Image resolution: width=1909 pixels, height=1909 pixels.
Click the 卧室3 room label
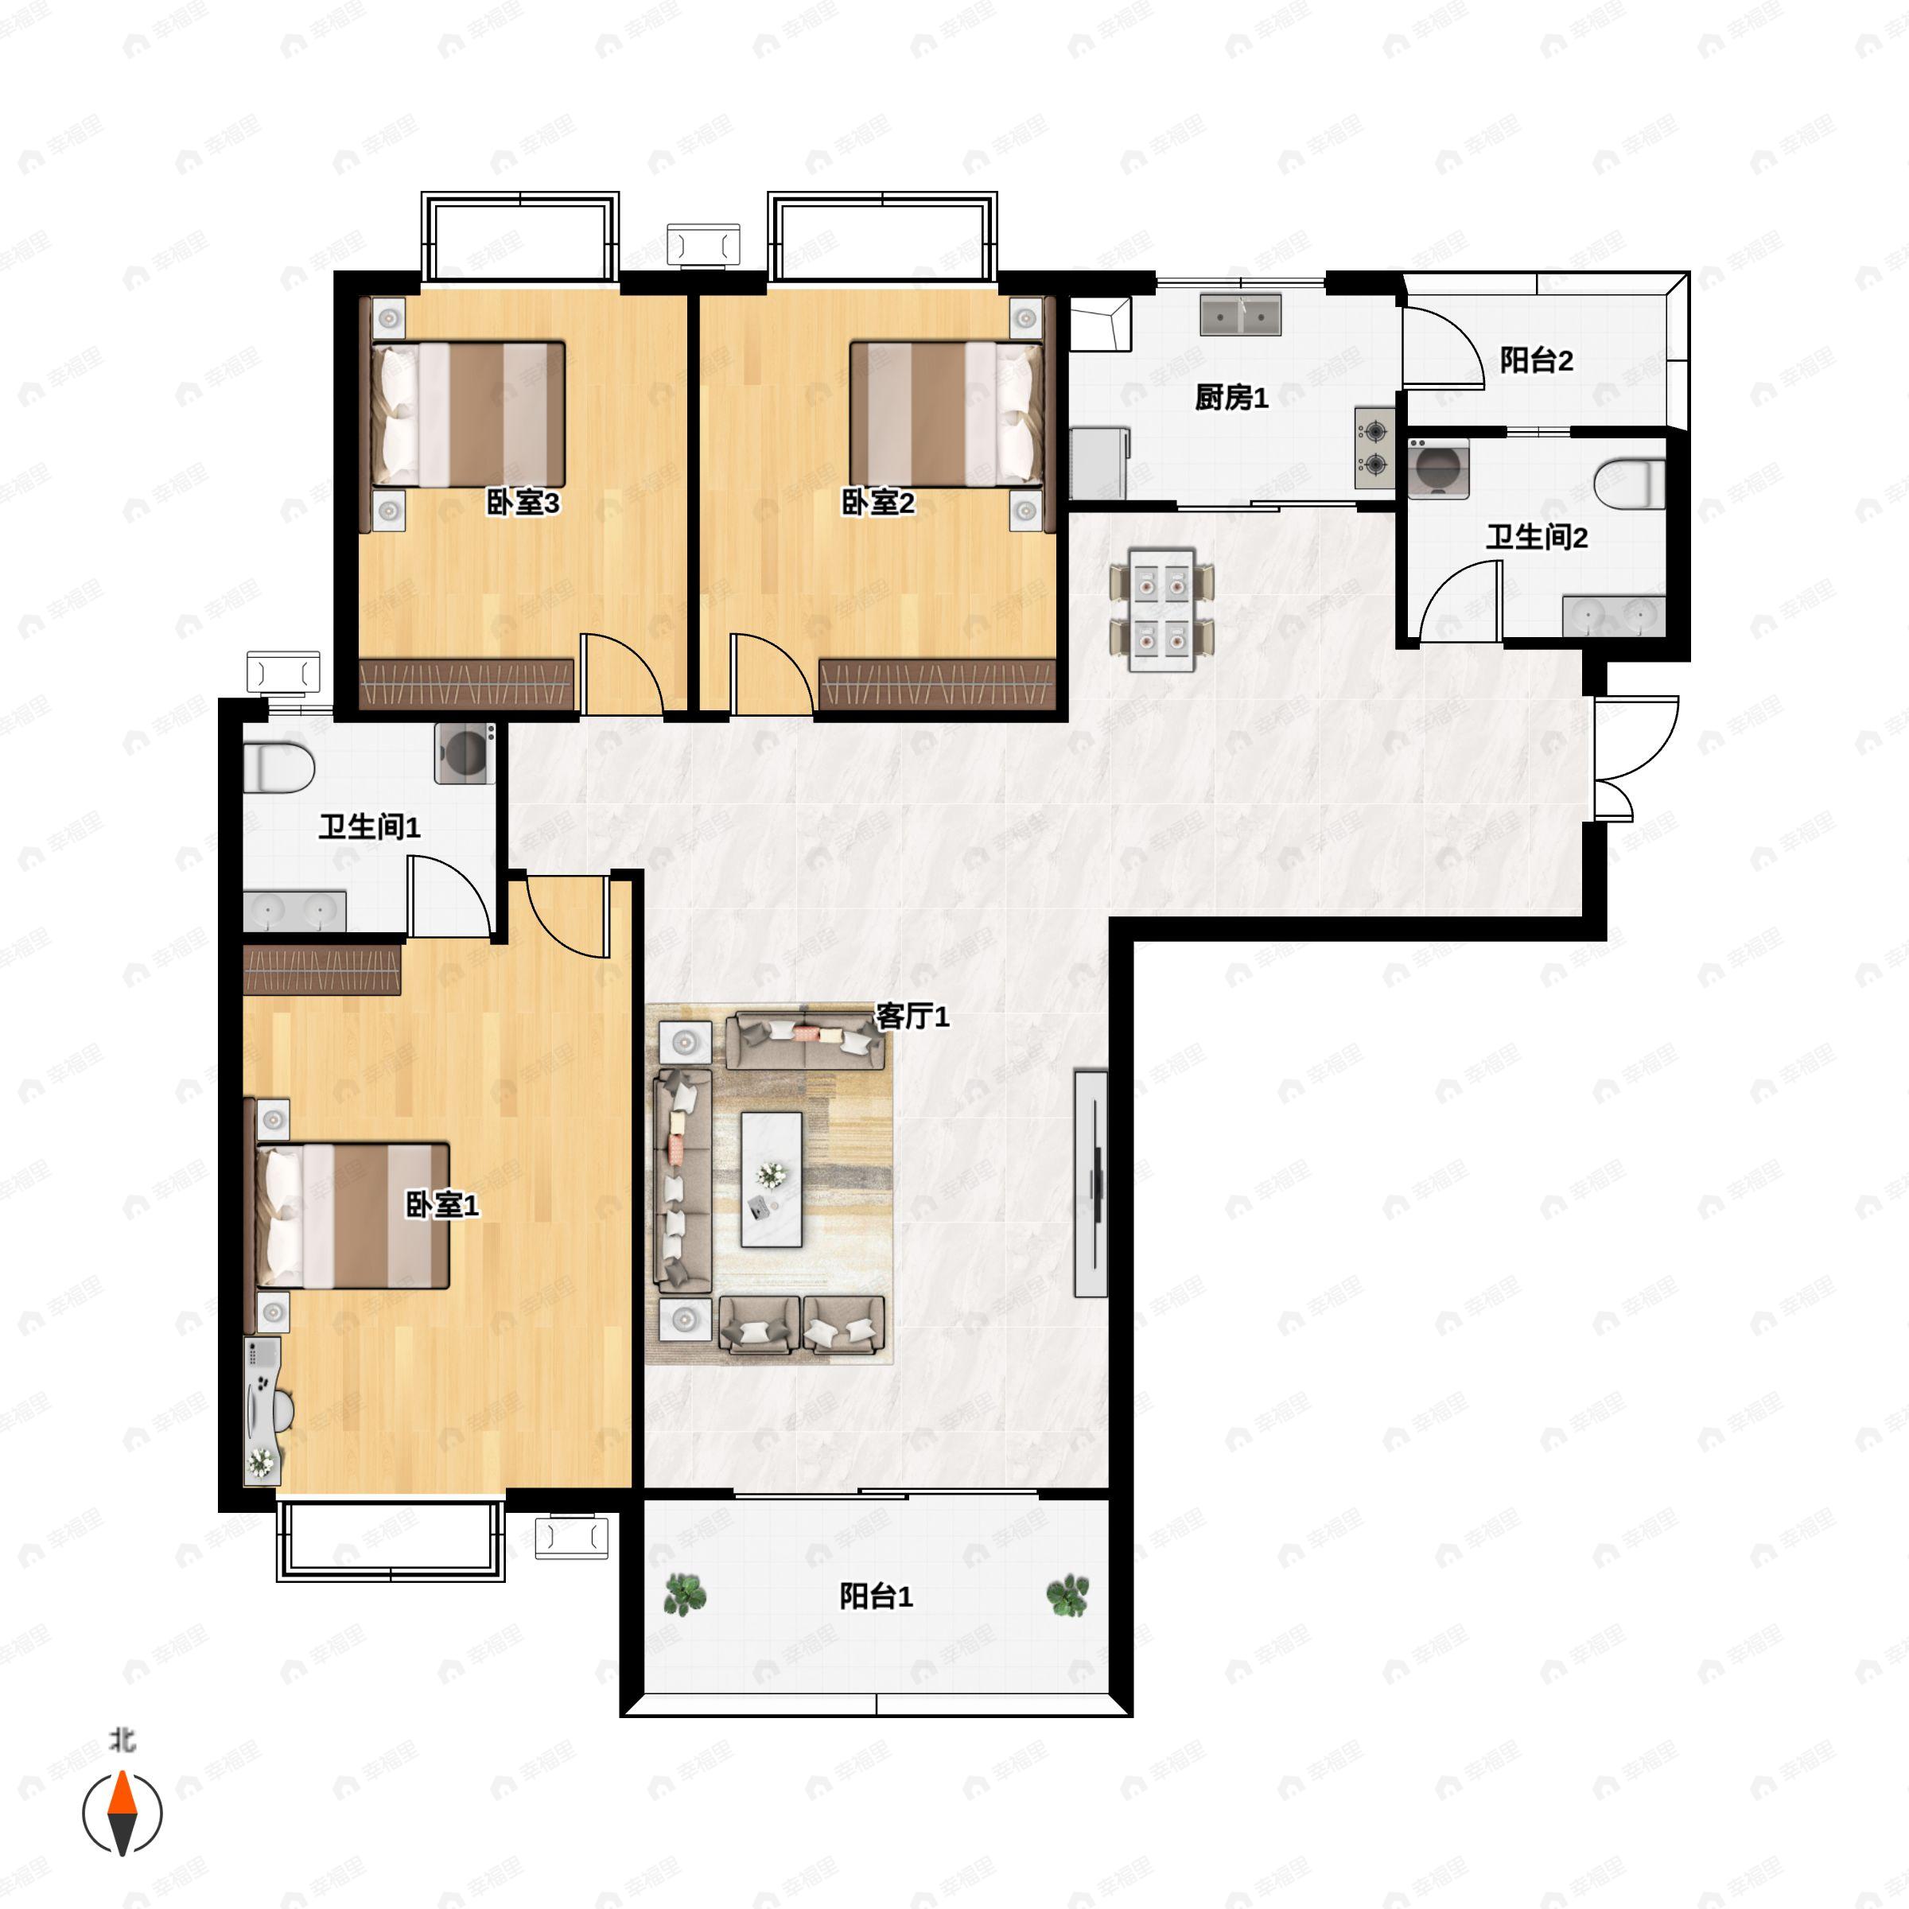(x=523, y=503)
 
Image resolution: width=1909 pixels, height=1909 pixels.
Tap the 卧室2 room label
(x=877, y=503)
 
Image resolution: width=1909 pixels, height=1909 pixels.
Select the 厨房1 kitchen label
(x=1231, y=397)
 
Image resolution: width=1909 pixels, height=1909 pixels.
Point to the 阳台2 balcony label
(x=1537, y=360)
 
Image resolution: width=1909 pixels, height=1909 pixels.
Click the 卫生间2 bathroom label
(x=1537, y=538)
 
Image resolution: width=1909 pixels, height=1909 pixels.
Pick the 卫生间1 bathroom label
(x=370, y=827)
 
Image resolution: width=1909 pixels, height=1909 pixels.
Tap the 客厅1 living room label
(x=913, y=1016)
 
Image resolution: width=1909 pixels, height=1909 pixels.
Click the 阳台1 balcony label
(x=877, y=1596)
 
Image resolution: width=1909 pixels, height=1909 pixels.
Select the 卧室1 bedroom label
(x=443, y=1204)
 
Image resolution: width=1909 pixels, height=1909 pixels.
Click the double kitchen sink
(x=1241, y=314)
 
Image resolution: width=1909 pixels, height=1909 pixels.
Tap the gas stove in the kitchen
(x=1374, y=448)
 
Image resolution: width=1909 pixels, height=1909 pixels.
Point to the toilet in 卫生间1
(x=278, y=768)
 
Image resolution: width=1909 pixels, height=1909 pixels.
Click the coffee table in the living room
(x=772, y=1180)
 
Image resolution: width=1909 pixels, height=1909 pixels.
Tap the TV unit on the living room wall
(x=1091, y=1183)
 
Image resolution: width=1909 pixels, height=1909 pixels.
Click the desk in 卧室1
(x=262, y=1413)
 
